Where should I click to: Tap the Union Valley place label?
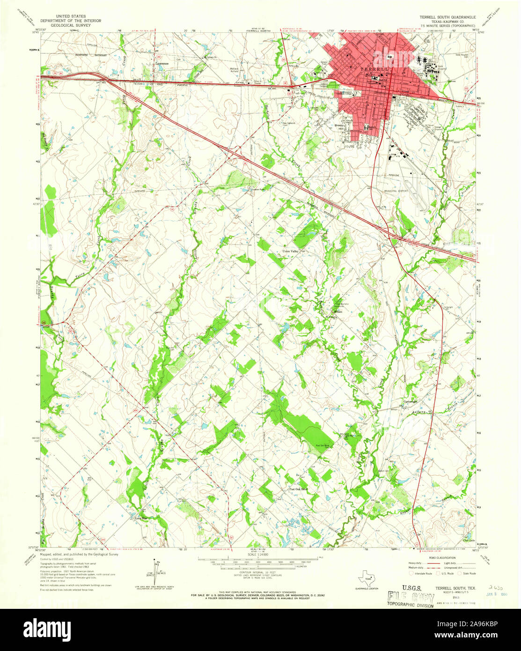point(290,252)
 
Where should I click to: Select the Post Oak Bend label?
point(298,489)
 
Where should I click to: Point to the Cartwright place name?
point(411,402)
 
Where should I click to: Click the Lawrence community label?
point(162,64)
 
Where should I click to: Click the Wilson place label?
point(338,311)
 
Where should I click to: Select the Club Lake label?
point(469,540)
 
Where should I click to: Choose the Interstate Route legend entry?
point(420,573)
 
